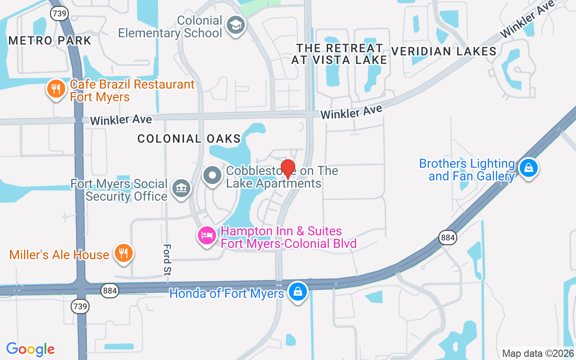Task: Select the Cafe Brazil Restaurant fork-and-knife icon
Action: [x=56, y=89]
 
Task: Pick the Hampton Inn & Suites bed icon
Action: [x=207, y=235]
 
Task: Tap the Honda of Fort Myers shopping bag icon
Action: [x=297, y=291]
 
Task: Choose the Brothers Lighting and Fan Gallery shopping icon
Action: [x=528, y=168]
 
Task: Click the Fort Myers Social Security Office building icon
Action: [x=181, y=188]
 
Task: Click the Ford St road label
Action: [x=167, y=260]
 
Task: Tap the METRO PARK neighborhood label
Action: [x=50, y=40]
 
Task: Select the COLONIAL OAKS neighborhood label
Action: [x=189, y=139]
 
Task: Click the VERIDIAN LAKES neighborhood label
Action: [x=444, y=51]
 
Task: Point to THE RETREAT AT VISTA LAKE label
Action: [x=339, y=54]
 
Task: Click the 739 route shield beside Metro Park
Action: [x=59, y=13]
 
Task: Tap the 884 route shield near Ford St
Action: [x=110, y=291]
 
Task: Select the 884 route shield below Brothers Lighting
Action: [x=448, y=237]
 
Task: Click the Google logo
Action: [x=31, y=349]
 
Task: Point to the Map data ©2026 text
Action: [x=538, y=353]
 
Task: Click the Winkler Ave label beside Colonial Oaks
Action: [x=121, y=120]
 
